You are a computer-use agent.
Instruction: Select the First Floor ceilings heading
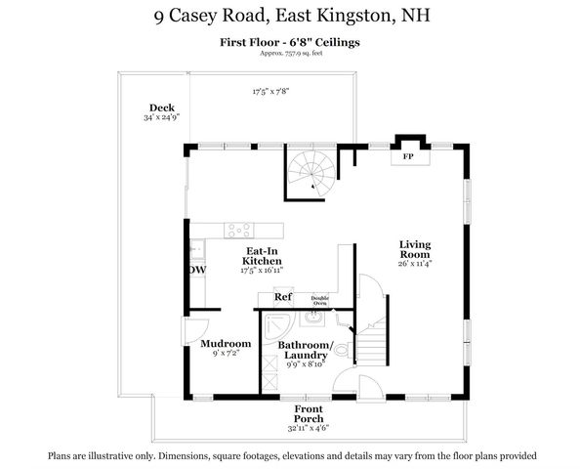[x=289, y=41]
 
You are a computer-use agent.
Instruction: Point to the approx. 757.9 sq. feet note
[x=290, y=53]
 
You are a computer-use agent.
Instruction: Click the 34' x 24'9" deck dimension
[x=161, y=117]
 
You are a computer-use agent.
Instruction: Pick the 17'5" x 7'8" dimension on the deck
[x=271, y=91]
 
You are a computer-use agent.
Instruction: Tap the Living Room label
[x=415, y=248]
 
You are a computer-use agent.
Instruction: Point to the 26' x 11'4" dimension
[x=415, y=262]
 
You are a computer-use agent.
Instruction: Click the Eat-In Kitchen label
[x=262, y=255]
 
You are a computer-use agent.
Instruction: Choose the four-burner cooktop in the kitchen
[x=239, y=231]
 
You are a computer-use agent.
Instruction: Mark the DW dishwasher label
[x=197, y=270]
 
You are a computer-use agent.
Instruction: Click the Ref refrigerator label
[x=283, y=297]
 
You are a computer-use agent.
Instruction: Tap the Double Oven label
[x=319, y=301]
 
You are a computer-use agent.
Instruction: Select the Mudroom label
[x=226, y=344]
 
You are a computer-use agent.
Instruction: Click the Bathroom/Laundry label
[x=306, y=351]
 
